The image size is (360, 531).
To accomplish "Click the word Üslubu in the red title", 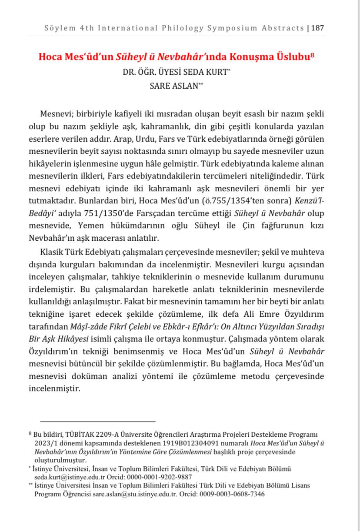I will (293, 57).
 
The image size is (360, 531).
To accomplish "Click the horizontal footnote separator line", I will (98, 421).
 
